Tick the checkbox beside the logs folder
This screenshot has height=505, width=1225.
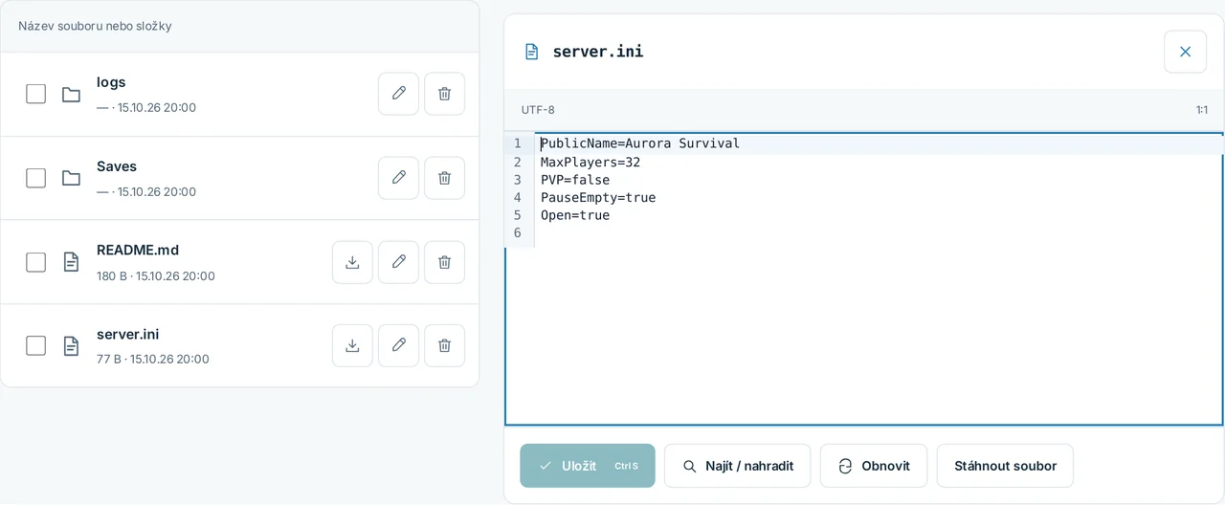tap(36, 94)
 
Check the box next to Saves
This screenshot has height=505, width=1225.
tap(36, 178)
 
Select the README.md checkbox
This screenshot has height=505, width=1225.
tap(36, 262)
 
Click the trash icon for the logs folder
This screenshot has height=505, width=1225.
tap(445, 94)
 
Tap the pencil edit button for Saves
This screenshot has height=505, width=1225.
tap(399, 178)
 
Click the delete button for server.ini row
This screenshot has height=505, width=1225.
tap(445, 345)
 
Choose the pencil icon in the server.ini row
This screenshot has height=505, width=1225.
tap(399, 345)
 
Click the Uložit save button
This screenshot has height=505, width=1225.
tap(588, 466)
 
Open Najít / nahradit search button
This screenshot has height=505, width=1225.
tap(737, 466)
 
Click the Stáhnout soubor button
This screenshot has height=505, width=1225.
tap(1005, 466)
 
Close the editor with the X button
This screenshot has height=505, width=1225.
tap(1185, 52)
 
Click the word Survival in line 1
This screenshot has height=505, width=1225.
tap(709, 143)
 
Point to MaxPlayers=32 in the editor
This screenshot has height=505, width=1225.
tap(590, 163)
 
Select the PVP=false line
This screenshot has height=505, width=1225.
tap(575, 180)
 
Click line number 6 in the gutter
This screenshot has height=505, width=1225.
tap(518, 232)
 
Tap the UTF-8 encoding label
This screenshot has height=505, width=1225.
tap(538, 110)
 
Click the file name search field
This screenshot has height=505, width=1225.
tap(239, 26)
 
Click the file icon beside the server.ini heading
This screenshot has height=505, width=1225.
tap(531, 52)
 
